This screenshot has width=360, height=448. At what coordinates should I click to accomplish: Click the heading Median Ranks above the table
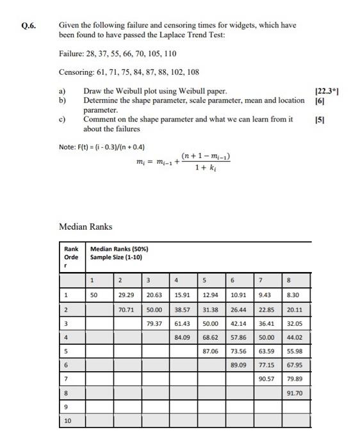pyautogui.click(x=85, y=227)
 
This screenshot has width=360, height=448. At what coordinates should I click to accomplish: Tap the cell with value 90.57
pyautogui.click(x=266, y=379)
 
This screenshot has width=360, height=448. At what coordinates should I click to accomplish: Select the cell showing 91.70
pyautogui.click(x=295, y=393)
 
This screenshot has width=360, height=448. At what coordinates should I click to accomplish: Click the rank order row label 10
pyautogui.click(x=68, y=421)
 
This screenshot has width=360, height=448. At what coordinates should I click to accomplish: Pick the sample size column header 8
pyautogui.click(x=290, y=280)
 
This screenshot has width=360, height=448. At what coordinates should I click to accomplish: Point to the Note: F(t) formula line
pyautogui.click(x=102, y=147)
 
